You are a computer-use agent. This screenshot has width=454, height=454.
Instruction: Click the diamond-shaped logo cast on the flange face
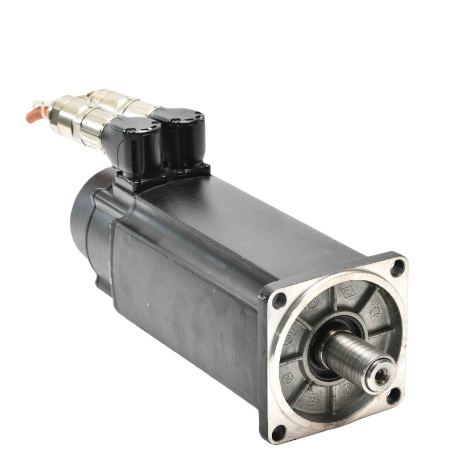pyautogui.click(x=347, y=291)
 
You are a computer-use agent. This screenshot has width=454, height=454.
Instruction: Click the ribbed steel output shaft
pyautogui.click(x=355, y=355)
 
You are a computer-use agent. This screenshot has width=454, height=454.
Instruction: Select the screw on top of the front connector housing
pyautogui.click(x=131, y=131)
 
